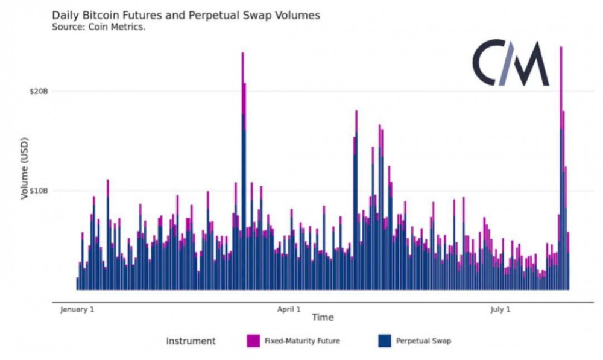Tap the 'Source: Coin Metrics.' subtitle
98,27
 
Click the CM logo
510,63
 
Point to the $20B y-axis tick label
38,91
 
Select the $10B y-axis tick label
38,191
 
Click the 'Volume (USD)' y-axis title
25,166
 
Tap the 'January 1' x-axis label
77,309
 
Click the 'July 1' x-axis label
500,309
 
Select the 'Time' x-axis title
323,318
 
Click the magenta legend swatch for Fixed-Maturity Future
253,341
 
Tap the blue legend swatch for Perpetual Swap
384,341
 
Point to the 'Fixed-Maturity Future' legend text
302,341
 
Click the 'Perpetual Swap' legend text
423,341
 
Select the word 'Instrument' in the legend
191,341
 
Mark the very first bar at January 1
77,283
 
